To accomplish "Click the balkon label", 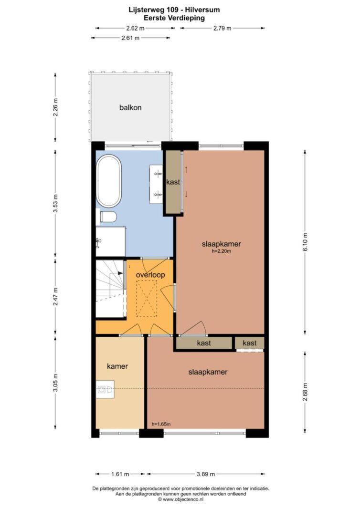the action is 130,107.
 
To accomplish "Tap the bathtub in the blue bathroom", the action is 109,181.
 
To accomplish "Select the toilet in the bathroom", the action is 107,217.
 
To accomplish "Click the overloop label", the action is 150,275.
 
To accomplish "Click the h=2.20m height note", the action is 221,251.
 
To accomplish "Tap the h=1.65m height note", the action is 161,424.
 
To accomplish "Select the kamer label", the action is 117,366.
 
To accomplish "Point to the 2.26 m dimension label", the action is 55,107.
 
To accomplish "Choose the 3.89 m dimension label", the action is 206,474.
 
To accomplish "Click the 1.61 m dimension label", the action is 120,474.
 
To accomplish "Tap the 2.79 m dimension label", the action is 222,28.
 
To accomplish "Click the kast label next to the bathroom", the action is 173,182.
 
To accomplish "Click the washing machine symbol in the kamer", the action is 105,389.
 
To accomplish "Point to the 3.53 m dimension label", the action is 55,203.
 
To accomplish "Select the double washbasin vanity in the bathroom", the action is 156,184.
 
